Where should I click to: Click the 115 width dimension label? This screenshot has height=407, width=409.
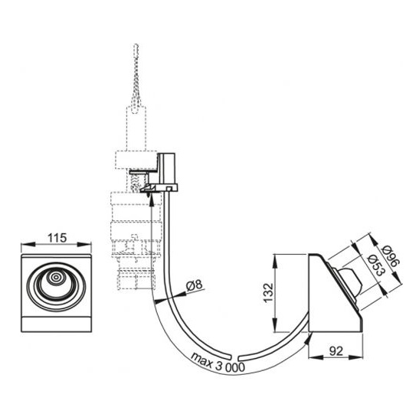57,238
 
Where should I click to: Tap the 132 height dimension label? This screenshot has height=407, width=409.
268,292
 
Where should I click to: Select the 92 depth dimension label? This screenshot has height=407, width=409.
336,351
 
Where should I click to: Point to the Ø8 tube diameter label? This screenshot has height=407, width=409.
195,285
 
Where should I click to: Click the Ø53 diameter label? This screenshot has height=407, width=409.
376,265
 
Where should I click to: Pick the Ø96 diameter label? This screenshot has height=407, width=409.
391,256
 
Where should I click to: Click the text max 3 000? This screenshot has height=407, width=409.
218,363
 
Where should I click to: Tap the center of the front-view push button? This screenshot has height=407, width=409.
56,278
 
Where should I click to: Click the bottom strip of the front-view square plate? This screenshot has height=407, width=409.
56,324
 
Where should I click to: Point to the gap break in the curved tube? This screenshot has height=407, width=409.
235,357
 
